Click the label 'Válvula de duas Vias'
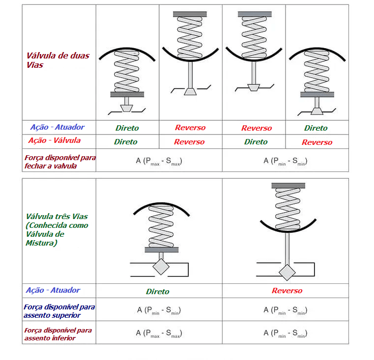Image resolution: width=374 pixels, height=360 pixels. [58, 60]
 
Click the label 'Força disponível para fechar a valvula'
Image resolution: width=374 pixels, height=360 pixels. [59, 162]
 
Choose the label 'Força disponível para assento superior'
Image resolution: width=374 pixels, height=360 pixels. [59, 310]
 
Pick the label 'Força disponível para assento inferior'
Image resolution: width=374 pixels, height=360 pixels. [58, 334]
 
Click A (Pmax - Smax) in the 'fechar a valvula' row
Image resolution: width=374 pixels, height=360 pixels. [159, 161]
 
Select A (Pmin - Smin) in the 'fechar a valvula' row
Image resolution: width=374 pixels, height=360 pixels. [286, 161]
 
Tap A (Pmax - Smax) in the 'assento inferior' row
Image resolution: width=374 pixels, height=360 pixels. [159, 333]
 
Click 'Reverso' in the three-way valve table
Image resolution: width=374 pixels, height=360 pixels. [287, 291]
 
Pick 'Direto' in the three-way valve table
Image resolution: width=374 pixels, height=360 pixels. [157, 292]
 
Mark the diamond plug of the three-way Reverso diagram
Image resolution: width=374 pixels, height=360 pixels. [287, 271]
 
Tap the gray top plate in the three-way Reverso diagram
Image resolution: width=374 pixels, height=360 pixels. [286, 185]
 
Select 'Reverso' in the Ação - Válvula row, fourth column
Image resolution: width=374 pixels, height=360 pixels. [317, 142]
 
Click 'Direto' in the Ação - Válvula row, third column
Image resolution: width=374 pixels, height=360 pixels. [256, 142]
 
